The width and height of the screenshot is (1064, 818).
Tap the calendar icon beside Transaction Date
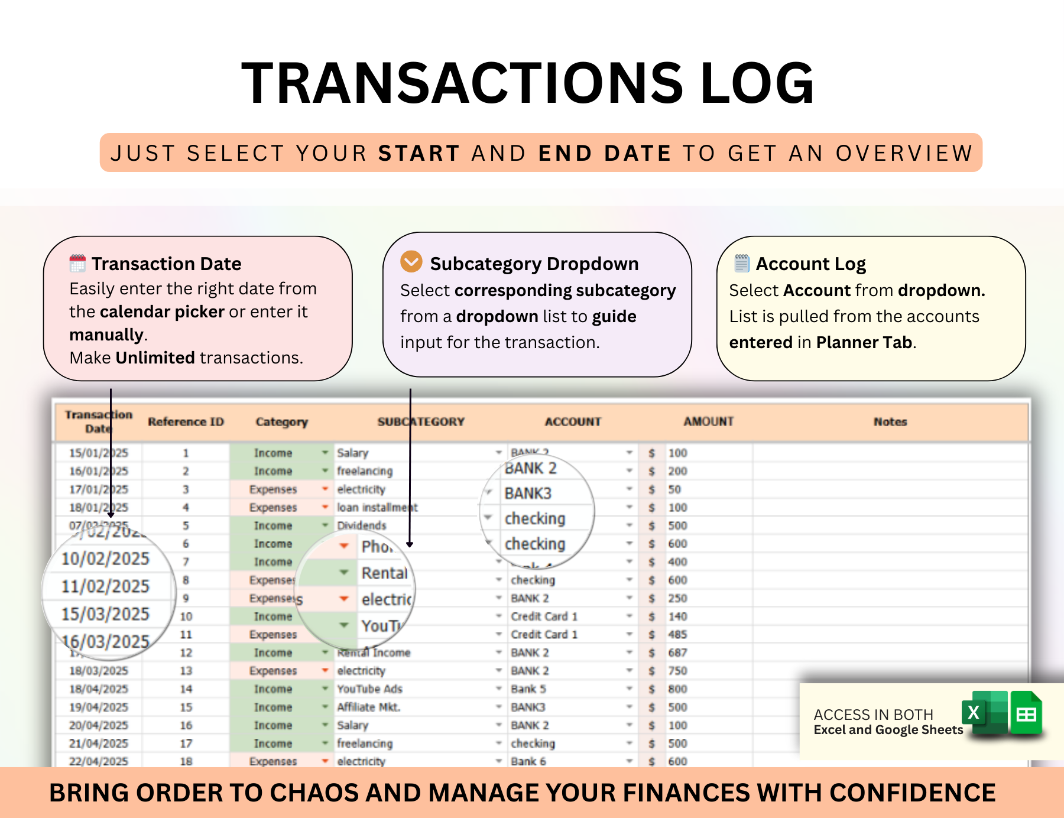pyautogui.click(x=77, y=263)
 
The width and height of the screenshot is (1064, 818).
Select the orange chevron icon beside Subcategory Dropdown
pyautogui.click(x=411, y=261)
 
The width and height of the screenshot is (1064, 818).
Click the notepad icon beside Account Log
pyautogui.click(x=742, y=262)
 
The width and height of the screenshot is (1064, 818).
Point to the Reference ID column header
pyautogui.click(x=186, y=421)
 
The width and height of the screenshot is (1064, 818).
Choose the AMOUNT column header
pyautogui.click(x=708, y=421)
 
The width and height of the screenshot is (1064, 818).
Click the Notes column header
pyautogui.click(x=890, y=421)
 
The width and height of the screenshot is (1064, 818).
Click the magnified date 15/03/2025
pyautogui.click(x=106, y=614)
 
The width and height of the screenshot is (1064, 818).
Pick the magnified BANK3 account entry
pyautogui.click(x=528, y=494)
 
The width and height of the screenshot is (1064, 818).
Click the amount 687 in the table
pyautogui.click(x=677, y=653)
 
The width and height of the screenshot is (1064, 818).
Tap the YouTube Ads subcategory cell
pyautogui.click(x=369, y=689)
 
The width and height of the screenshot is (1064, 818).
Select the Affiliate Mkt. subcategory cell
pyautogui.click(x=368, y=707)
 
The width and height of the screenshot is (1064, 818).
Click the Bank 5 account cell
pyautogui.click(x=528, y=689)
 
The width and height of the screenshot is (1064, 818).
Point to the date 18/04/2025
pyautogui.click(x=99, y=689)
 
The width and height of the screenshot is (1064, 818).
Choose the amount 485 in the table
pyautogui.click(x=677, y=635)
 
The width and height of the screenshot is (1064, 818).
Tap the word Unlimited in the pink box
pyautogui.click(x=155, y=358)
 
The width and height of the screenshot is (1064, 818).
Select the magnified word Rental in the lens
pyautogui.click(x=384, y=573)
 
